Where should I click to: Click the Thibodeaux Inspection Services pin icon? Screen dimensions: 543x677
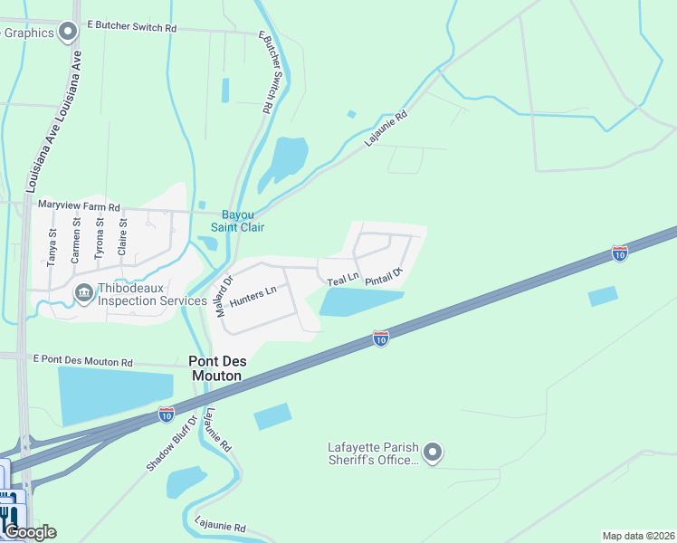[83, 291]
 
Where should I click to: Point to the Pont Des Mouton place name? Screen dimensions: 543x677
[215, 367]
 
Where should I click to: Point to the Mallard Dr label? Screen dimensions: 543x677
[224, 295]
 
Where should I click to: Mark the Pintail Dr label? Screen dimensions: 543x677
[383, 276]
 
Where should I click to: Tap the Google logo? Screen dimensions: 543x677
[30, 531]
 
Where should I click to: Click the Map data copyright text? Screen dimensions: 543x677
[638, 535]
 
